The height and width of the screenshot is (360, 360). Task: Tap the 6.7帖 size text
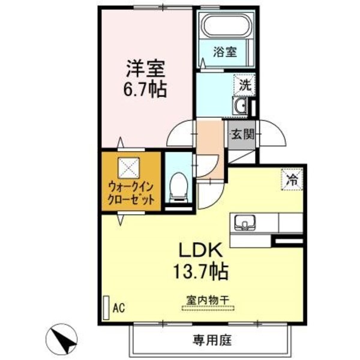[x=143, y=91]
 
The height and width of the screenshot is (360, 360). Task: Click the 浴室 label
[x=226, y=52]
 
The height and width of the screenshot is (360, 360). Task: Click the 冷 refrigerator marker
[x=293, y=179]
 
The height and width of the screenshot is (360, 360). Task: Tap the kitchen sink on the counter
[x=245, y=223]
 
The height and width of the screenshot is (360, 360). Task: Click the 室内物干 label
[x=209, y=299]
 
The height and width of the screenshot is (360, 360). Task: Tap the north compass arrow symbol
[x=64, y=338]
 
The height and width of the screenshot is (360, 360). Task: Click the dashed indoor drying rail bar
[x=209, y=308]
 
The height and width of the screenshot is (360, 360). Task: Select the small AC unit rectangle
[x=107, y=306]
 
